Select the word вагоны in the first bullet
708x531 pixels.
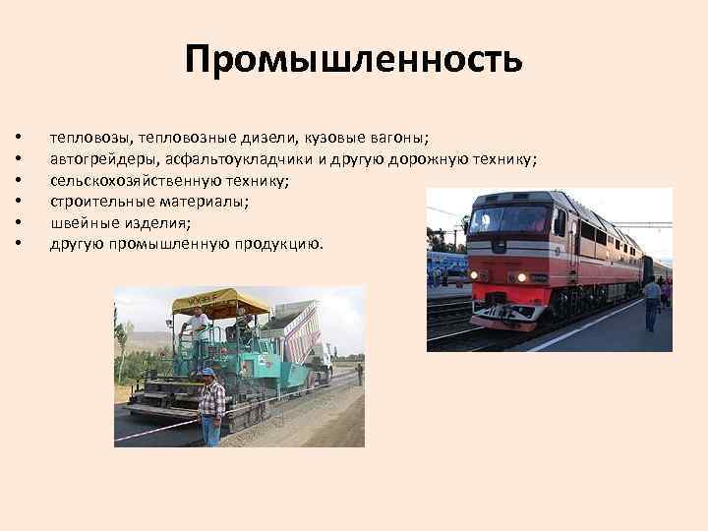tap(399, 138)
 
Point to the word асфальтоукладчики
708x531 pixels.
tap(251, 159)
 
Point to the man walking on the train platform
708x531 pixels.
tap(651, 303)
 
